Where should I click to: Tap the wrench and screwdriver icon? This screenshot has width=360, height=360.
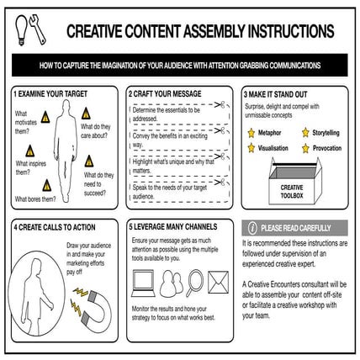tap(37, 29)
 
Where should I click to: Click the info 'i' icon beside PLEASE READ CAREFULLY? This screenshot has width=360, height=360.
tap(251, 228)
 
